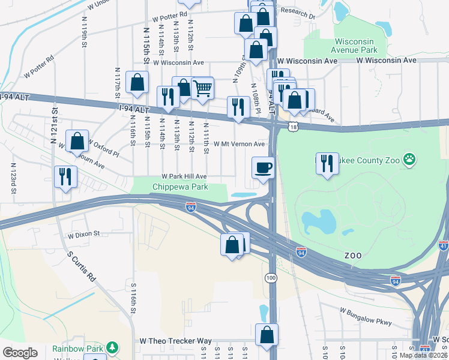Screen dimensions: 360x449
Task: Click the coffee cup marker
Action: (262, 167)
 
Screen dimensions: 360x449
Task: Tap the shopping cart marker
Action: (202, 88)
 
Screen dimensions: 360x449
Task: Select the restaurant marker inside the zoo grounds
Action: (327, 163)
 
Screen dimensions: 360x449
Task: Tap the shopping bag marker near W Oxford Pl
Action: (77, 142)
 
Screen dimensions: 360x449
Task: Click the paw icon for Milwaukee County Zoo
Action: (409, 159)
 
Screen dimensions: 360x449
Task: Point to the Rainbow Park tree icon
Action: (111, 348)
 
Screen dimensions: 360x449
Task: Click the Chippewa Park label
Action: (180, 187)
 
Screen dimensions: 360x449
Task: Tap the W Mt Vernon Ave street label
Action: (240, 144)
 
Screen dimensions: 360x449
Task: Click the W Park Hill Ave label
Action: (184, 176)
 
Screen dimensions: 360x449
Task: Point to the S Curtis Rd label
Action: (81, 266)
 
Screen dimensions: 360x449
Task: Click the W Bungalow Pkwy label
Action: (366, 317)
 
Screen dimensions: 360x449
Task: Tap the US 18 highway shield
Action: (292, 127)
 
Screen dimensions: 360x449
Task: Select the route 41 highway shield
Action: (444, 245)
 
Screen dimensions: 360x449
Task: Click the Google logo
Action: (20, 353)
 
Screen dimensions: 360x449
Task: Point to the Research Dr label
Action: (298, 13)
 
